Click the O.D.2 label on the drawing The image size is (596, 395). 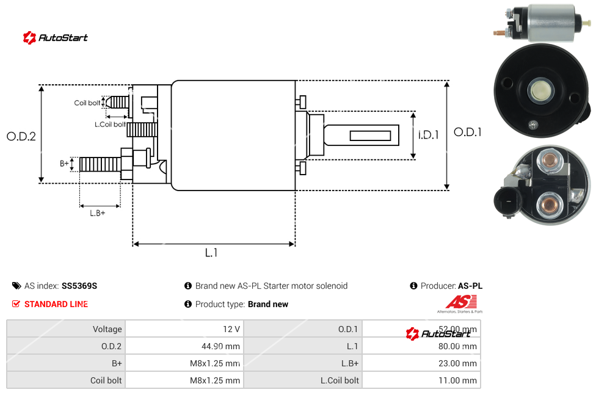tap(21, 136)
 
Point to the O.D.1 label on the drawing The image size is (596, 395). tap(468, 132)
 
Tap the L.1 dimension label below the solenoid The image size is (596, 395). tap(211, 253)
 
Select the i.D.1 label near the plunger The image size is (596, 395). tap(429, 135)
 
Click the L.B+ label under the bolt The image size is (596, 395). tap(98, 213)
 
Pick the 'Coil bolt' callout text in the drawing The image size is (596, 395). tap(87, 103)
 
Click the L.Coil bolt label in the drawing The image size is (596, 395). tap(110, 124)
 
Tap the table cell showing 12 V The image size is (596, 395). tap(231, 329)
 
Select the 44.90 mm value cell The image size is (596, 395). tap(221, 346)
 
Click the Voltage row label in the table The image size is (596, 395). tap(107, 329)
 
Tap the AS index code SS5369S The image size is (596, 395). tap(79, 286)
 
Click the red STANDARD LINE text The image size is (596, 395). tap(56, 304)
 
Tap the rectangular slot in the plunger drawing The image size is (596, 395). tap(371, 134)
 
